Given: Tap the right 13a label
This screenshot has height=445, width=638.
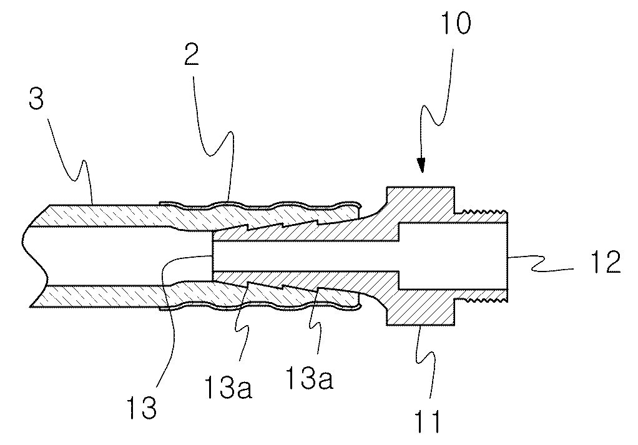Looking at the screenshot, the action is tap(309, 378).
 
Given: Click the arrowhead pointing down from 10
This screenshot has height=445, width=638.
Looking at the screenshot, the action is tap(421, 165).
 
